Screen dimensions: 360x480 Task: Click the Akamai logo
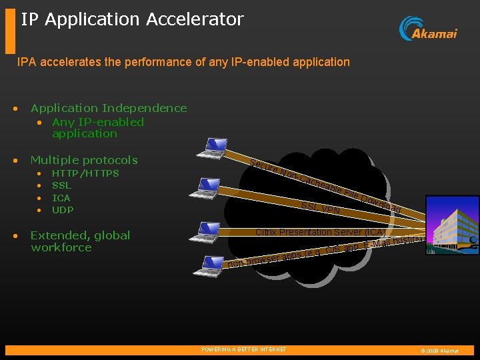coord(428,29)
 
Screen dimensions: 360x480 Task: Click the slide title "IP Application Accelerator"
coord(132,19)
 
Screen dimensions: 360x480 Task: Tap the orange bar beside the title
coord(9,31)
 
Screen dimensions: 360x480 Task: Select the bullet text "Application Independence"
coord(109,108)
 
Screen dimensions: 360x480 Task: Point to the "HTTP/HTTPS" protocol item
coord(85,173)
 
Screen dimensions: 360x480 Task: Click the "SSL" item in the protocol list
coord(61,185)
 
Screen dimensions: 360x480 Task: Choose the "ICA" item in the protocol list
coord(61,197)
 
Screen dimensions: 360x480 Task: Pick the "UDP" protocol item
coord(63,210)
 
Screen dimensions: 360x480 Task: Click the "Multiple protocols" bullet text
coord(84,160)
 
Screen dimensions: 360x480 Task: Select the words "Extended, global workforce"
coord(80,241)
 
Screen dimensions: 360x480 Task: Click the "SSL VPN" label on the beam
coord(321,209)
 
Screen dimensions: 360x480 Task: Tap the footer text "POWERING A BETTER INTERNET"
coord(243,349)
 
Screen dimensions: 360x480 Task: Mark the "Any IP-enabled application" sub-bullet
coord(97,127)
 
